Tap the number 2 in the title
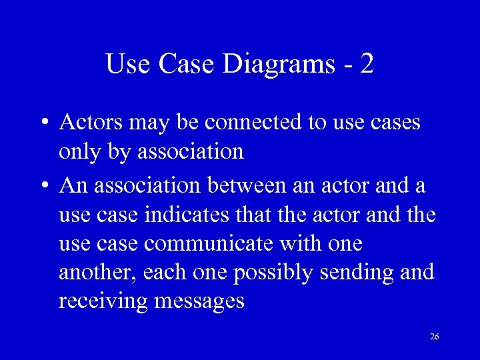coord(366,64)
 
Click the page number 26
coord(435,337)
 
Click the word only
coord(79,153)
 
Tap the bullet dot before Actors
coord(42,123)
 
